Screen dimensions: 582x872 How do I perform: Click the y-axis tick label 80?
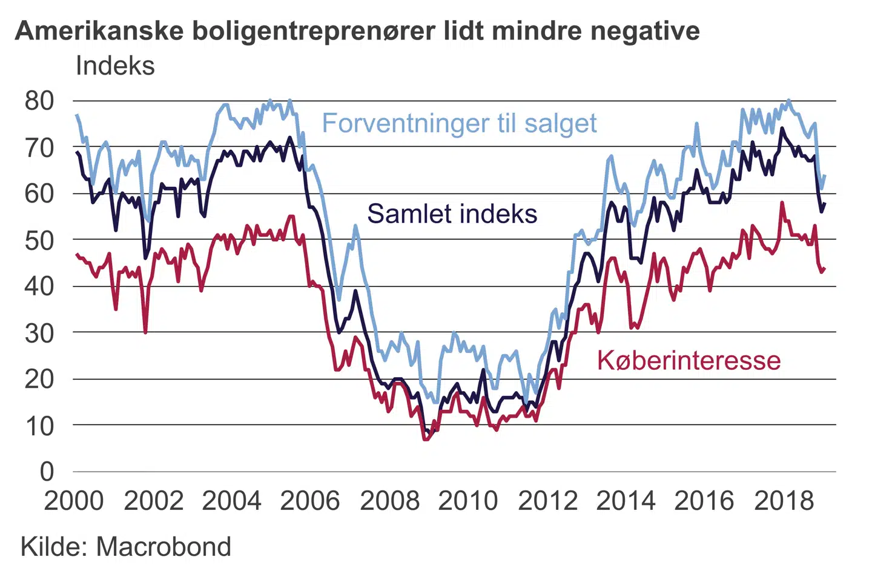pyautogui.click(x=39, y=101)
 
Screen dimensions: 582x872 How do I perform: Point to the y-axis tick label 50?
pyautogui.click(x=39, y=239)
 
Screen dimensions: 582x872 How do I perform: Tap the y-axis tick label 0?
pyautogui.click(x=47, y=471)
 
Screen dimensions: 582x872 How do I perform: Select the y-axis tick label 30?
pyautogui.click(x=39, y=332)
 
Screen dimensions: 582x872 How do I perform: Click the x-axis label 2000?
pyautogui.click(x=74, y=501)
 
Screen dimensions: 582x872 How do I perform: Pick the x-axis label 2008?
pyautogui.click(x=389, y=501)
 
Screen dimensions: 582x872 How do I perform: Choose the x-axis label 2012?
pyautogui.click(x=547, y=501)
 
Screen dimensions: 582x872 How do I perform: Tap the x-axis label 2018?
pyautogui.click(x=784, y=501)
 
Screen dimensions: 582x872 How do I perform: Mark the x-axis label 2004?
pyautogui.click(x=231, y=501)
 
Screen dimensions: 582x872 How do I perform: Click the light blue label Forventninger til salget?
pyautogui.click(x=459, y=123)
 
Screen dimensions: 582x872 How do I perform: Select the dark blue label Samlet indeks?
pyautogui.click(x=452, y=214)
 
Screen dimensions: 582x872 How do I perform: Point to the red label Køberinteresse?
pyautogui.click(x=689, y=360)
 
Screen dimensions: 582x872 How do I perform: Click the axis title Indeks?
pyautogui.click(x=115, y=65)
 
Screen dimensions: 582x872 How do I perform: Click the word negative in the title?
pyautogui.click(x=645, y=30)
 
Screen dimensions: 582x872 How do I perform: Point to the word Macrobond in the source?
pyautogui.click(x=163, y=547)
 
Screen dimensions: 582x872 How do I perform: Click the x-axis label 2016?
pyautogui.click(x=704, y=501)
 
